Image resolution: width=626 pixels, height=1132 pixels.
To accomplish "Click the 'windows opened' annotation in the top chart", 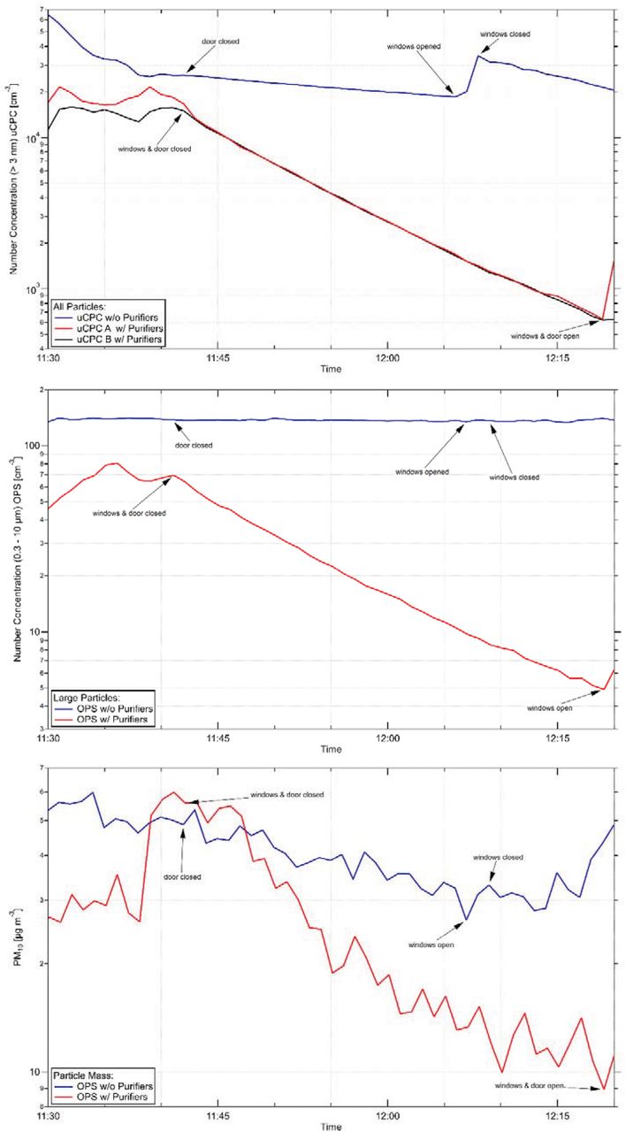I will pyautogui.click(x=414, y=46).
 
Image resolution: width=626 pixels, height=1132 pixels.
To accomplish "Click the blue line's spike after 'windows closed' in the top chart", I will pyautogui.click(x=478, y=57).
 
